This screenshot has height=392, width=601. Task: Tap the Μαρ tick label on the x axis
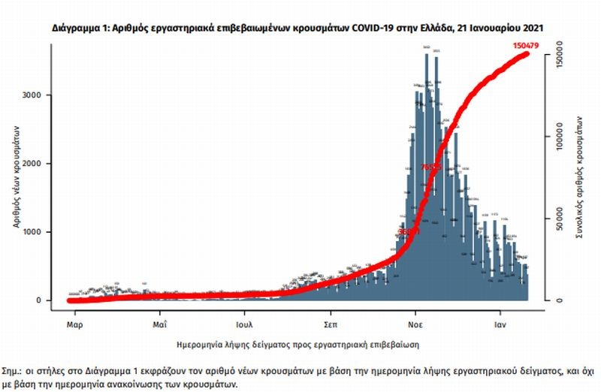(x=74, y=326)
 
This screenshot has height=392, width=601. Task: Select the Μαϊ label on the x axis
(x=159, y=326)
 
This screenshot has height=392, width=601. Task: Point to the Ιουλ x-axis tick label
(x=245, y=326)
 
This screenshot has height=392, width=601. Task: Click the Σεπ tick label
(x=330, y=326)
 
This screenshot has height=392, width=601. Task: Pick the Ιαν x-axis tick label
(x=500, y=326)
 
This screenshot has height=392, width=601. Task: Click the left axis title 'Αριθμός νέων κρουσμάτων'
(x=16, y=177)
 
